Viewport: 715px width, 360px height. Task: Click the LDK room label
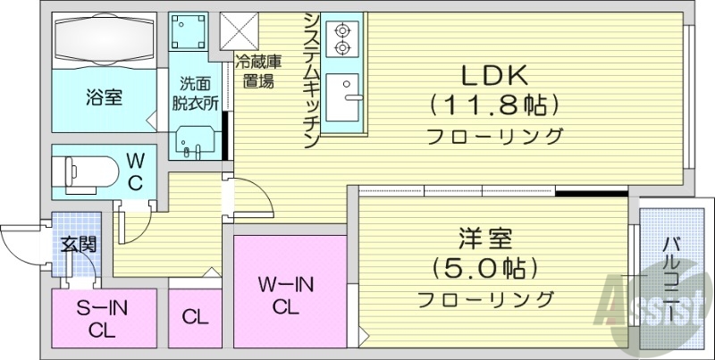tap(495, 75)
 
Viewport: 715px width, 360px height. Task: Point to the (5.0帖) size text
tap(484, 266)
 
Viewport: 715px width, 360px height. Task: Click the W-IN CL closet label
tap(285, 296)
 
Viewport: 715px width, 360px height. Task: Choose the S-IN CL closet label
tap(102, 318)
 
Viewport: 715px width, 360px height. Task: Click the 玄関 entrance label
tap(79, 244)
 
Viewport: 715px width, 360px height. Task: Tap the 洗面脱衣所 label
tap(196, 93)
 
